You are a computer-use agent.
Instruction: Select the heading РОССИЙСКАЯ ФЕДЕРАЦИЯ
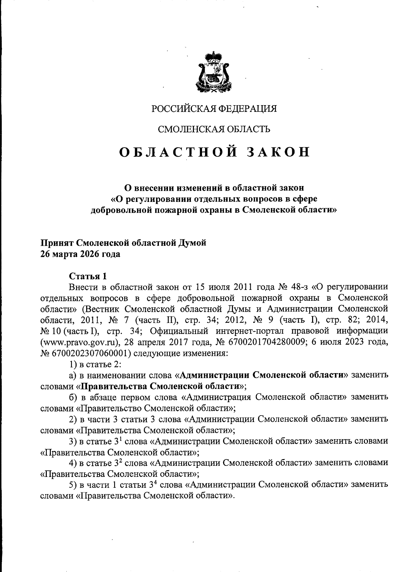click(x=214, y=109)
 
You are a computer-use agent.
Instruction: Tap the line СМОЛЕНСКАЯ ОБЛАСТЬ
click(x=214, y=129)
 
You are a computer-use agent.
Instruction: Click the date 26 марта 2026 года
click(x=80, y=254)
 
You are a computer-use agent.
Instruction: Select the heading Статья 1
click(x=88, y=276)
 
